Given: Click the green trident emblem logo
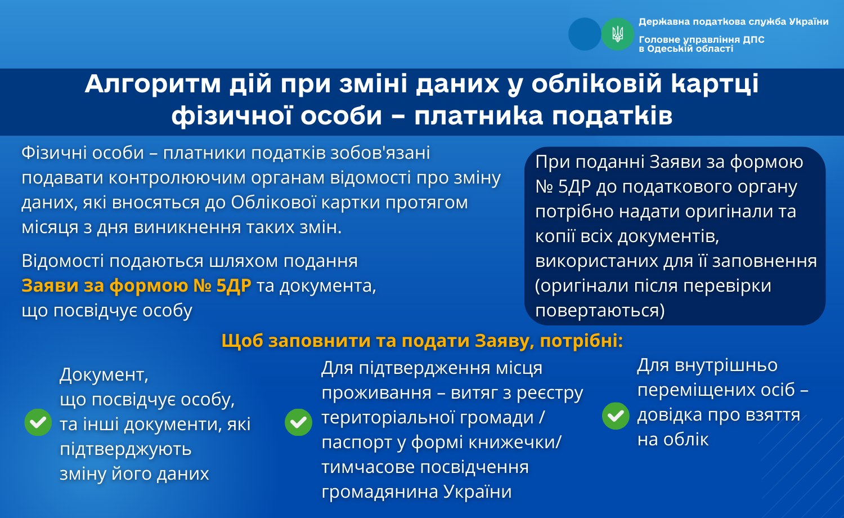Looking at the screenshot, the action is click(x=618, y=34).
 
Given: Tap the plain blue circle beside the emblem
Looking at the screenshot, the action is click(x=585, y=34).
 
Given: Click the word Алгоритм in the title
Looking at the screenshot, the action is click(x=152, y=84).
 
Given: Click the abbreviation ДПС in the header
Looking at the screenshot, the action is click(x=753, y=39).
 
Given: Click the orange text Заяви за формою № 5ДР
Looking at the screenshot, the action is click(x=136, y=286).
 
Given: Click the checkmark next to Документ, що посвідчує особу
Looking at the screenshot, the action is click(x=38, y=422).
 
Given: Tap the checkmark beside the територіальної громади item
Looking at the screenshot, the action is click(x=298, y=422).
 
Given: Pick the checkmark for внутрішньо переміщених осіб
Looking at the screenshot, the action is click(x=616, y=416).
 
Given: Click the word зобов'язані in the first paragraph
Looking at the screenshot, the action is click(x=380, y=153).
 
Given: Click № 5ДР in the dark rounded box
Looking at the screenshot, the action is click(x=563, y=186).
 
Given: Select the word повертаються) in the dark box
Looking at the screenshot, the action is click(x=600, y=311).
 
